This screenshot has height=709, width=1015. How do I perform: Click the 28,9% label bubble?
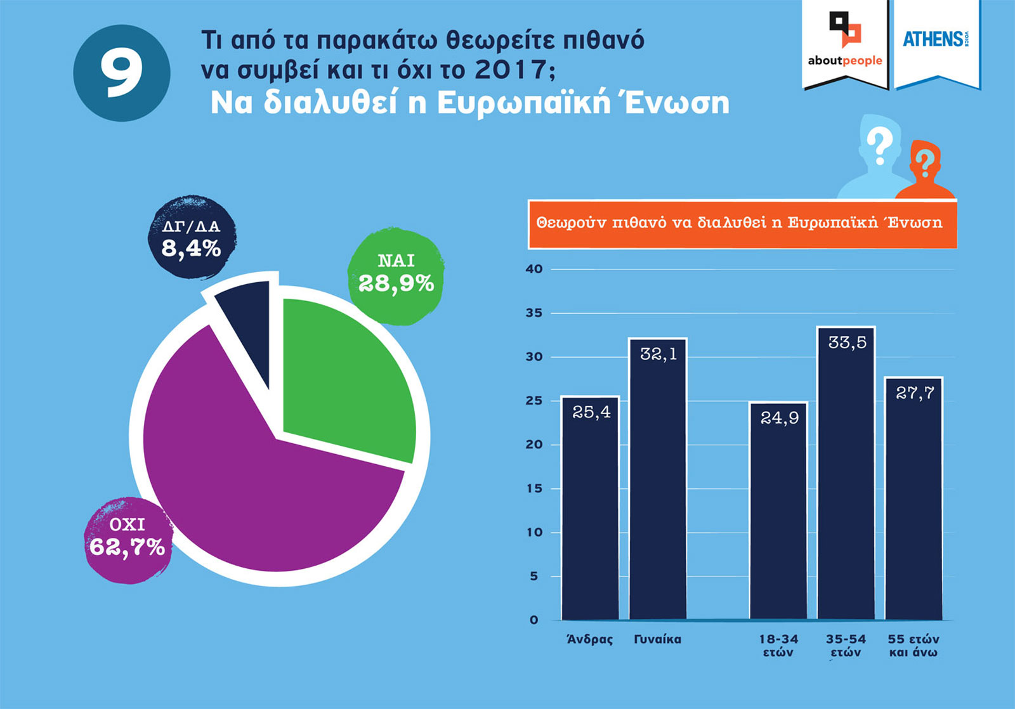pyautogui.click(x=396, y=276)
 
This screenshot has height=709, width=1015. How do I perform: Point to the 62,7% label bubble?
pyautogui.click(x=128, y=539)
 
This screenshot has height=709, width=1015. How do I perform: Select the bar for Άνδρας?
pyautogui.click(x=591, y=507)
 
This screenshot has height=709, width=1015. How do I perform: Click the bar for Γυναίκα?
pyautogui.click(x=658, y=482)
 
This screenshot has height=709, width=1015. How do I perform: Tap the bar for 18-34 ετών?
pyautogui.click(x=778, y=514)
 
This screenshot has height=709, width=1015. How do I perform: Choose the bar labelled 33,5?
pyautogui.click(x=846, y=476)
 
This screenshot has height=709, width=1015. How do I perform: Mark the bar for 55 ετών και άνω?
pyautogui.click(x=913, y=501)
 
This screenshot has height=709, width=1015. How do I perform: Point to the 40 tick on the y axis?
pyautogui.click(x=534, y=269)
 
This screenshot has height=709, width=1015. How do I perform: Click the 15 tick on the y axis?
pyautogui.click(x=534, y=488)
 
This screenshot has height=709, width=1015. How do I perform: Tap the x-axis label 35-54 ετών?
pyautogui.click(x=846, y=646)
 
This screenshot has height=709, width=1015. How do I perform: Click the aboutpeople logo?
pyautogui.click(x=845, y=42)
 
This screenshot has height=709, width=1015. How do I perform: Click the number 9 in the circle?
pyautogui.click(x=122, y=73)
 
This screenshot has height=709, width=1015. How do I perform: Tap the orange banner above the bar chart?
pyautogui.click(x=742, y=223)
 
